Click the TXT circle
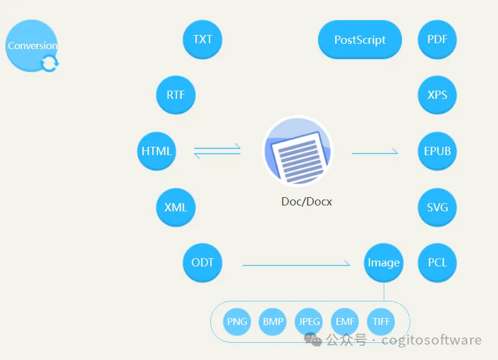pyautogui.click(x=203, y=40)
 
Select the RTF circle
pyautogui.click(x=176, y=95)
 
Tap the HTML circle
pyautogui.click(x=156, y=151)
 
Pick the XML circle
pyautogui.click(x=176, y=207)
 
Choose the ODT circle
pyautogui.click(x=203, y=262)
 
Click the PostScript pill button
pyautogui.click(x=360, y=40)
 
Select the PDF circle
pyautogui.click(x=438, y=40)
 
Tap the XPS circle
pyautogui.click(x=438, y=95)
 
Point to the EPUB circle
pyautogui.click(x=438, y=151)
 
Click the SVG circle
pyautogui.click(x=438, y=207)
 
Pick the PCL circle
pyautogui.click(x=438, y=262)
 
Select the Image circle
pyautogui.click(x=384, y=262)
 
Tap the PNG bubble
pyautogui.click(x=237, y=322)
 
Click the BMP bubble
pyautogui.click(x=273, y=322)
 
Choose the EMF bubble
pyautogui.click(x=345, y=322)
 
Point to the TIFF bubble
pyautogui.click(x=381, y=322)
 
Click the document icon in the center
pyautogui.click(x=298, y=151)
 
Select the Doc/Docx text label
pyautogui.click(x=307, y=201)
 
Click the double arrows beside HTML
pyautogui.click(x=217, y=150)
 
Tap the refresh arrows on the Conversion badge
pyautogui.click(x=50, y=63)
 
